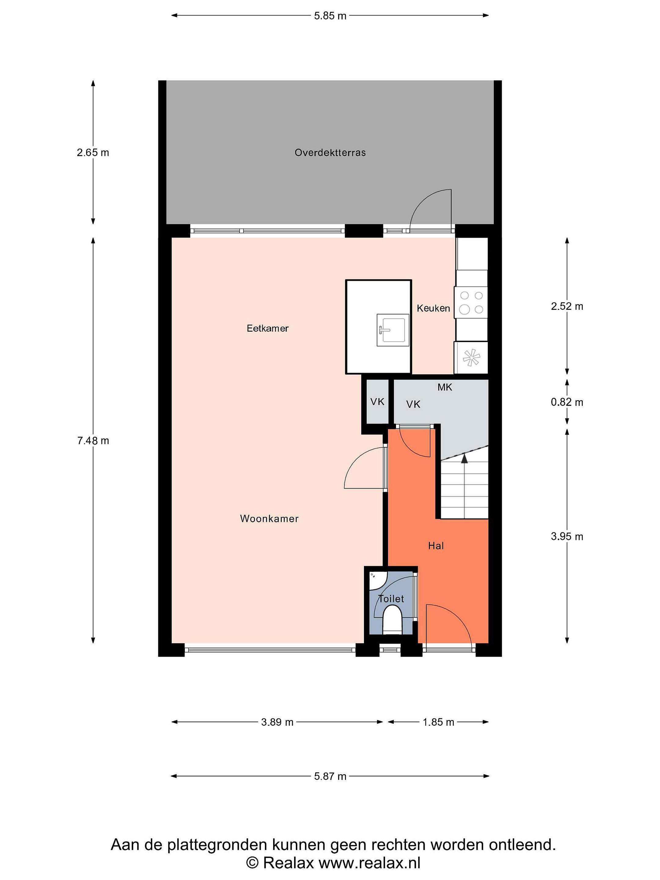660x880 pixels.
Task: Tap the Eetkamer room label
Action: click(x=267, y=328)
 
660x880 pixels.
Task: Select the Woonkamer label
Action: click(x=269, y=518)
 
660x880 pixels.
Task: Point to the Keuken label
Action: click(x=433, y=308)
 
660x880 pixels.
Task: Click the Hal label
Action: click(x=436, y=546)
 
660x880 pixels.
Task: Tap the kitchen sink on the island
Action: click(x=393, y=330)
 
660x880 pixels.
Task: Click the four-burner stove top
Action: click(x=471, y=302)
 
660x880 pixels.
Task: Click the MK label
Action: click(x=445, y=387)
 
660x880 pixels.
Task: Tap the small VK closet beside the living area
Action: click(x=377, y=402)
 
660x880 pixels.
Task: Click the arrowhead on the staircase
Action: click(x=464, y=458)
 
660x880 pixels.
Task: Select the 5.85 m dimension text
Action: click(x=330, y=16)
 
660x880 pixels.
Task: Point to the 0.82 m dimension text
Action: click(x=567, y=402)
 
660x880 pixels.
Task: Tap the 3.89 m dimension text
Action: click(x=277, y=722)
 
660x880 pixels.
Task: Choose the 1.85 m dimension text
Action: click(x=438, y=722)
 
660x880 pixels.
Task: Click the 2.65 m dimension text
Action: click(x=93, y=153)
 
